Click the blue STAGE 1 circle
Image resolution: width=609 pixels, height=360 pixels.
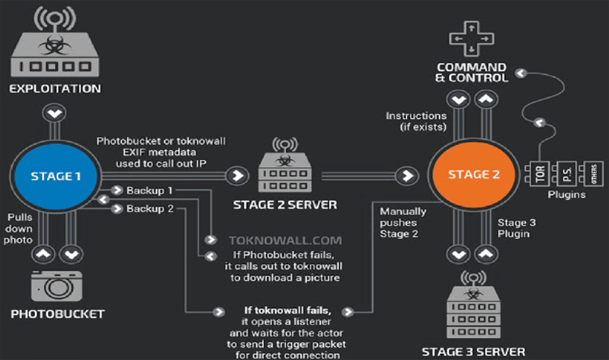(x=52, y=177)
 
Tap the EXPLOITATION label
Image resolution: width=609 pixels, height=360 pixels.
(x=54, y=88)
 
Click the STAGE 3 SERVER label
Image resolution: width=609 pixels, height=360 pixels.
(x=473, y=351)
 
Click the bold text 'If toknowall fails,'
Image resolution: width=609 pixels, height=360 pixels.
(x=287, y=311)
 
